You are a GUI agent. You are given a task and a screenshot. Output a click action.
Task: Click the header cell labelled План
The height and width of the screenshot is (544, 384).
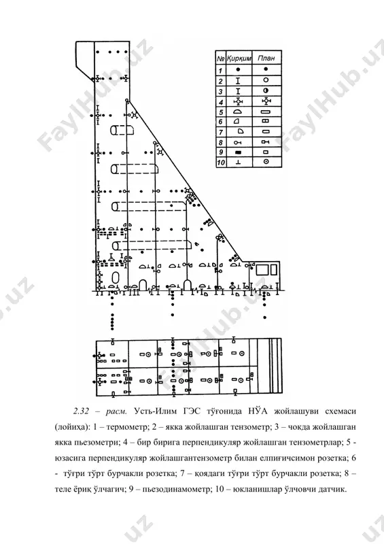tap(266, 58)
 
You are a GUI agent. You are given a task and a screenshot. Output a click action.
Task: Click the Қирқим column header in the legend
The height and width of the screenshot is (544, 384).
tap(239, 58)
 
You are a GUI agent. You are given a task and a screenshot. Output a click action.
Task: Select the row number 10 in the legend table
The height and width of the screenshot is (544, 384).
tap(221, 163)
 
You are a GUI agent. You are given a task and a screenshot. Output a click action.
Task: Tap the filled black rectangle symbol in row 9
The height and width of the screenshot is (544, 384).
tap(238, 152)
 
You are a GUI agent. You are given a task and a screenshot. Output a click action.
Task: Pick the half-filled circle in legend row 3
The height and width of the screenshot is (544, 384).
tap(266, 91)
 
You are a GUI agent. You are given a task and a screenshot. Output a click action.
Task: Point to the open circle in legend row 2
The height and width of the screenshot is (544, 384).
tap(266, 80)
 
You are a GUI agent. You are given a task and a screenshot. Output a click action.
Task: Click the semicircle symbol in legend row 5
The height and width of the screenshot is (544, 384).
tap(238, 112)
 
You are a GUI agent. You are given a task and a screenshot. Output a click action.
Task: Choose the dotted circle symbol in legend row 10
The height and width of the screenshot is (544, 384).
tap(266, 162)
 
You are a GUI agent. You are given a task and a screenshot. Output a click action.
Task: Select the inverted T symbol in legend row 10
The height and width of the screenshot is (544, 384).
tap(238, 162)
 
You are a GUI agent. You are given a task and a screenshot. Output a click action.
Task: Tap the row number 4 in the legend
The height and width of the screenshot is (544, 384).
tap(221, 102)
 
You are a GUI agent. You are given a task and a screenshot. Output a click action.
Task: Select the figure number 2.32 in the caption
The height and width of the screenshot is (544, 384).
tap(81, 411)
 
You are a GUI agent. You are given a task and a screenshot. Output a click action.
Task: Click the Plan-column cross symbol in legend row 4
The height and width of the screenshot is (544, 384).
tap(266, 101)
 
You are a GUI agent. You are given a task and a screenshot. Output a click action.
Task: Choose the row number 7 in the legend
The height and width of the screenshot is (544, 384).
tap(221, 132)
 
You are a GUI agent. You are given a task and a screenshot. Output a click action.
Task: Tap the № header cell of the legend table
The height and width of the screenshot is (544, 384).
tap(221, 58)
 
